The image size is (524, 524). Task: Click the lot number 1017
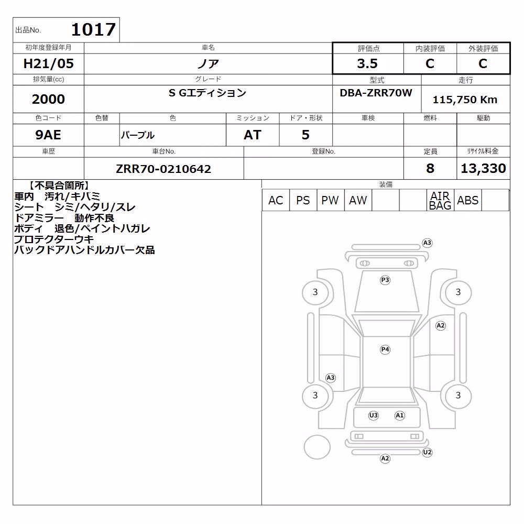[x=94, y=29]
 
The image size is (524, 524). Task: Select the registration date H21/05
[x=48, y=63]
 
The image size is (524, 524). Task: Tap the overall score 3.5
[x=367, y=63]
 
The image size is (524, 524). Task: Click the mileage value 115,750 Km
[x=465, y=100]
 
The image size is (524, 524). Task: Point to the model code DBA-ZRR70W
[x=376, y=93]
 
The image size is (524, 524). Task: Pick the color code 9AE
[x=48, y=135]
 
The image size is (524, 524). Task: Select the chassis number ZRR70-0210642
[x=163, y=169]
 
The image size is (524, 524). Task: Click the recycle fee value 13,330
[x=483, y=168]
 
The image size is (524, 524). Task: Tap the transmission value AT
[x=253, y=135]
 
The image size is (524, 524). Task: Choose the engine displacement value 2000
[x=48, y=99]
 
